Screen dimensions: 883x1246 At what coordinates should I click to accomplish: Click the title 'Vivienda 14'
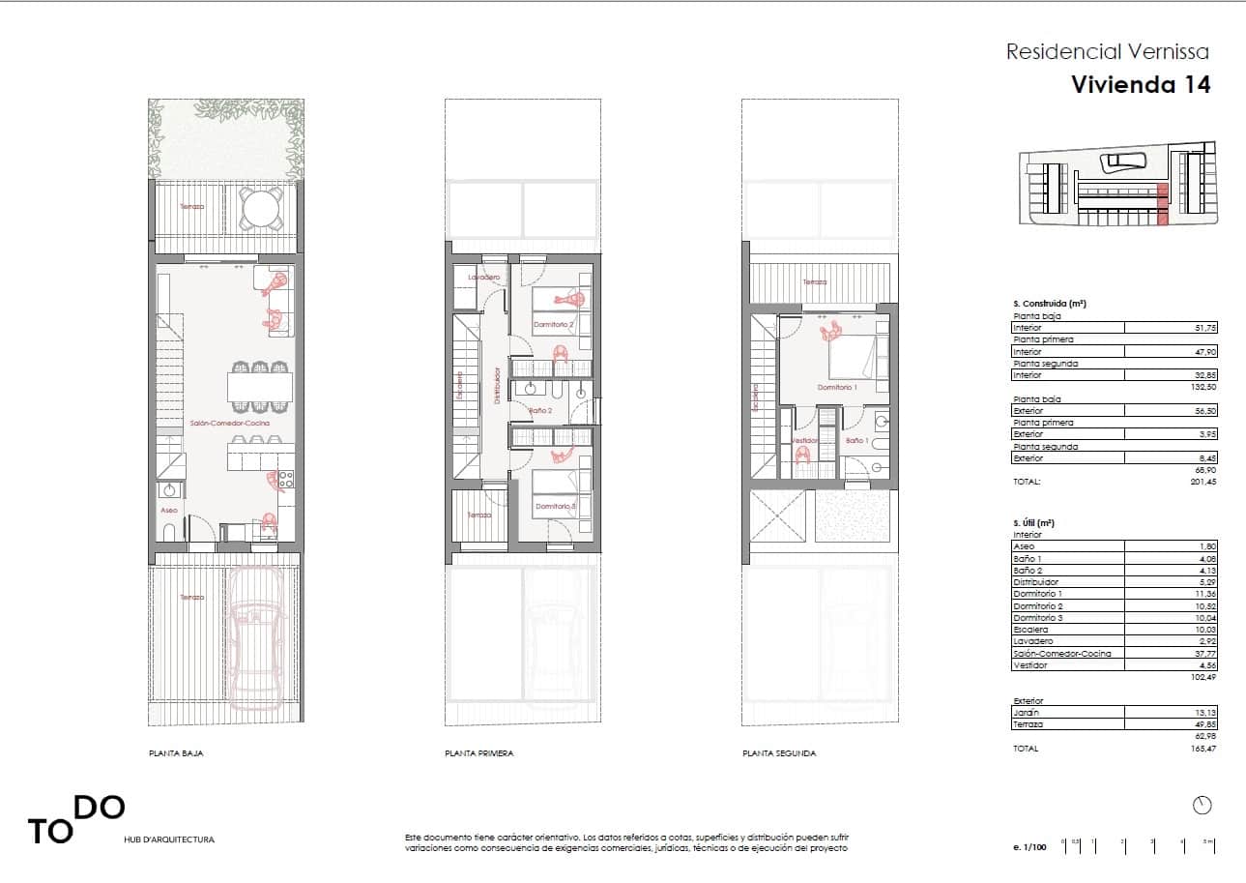[1141, 84]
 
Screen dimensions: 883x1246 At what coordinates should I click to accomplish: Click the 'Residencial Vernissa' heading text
[1107, 51]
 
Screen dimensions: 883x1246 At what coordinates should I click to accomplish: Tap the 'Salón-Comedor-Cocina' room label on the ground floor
[229, 424]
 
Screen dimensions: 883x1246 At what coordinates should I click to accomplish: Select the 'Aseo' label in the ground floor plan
[168, 510]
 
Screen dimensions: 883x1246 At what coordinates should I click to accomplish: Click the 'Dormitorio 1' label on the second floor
[837, 387]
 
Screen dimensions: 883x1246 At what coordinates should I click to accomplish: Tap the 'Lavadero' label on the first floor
[481, 278]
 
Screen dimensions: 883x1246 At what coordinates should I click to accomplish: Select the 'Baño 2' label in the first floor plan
[539, 411]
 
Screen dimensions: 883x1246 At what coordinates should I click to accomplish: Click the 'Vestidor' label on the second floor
[804, 441]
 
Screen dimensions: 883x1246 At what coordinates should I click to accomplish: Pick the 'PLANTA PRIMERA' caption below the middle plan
[478, 753]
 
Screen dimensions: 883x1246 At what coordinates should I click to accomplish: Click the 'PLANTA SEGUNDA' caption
[779, 753]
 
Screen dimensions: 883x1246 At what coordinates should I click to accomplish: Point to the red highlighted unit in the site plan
[1163, 205]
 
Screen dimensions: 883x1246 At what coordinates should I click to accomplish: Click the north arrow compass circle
[1203, 805]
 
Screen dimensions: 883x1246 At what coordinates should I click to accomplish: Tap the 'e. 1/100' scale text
[1030, 847]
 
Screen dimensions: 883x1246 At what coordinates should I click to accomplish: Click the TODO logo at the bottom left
[75, 819]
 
